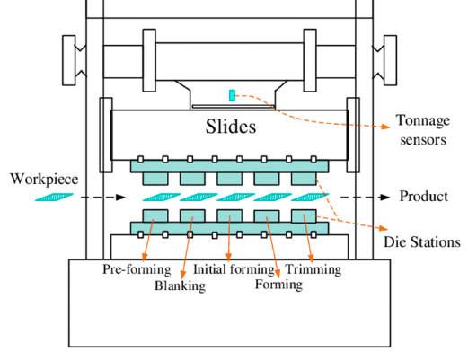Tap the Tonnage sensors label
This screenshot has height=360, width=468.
(421, 131)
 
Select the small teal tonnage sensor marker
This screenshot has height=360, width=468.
(232, 95)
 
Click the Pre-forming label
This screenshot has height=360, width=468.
(129, 268)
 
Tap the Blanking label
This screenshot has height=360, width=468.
(180, 286)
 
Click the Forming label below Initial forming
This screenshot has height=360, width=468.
(278, 285)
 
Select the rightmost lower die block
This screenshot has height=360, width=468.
(304, 216)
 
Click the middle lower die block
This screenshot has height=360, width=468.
(230, 216)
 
